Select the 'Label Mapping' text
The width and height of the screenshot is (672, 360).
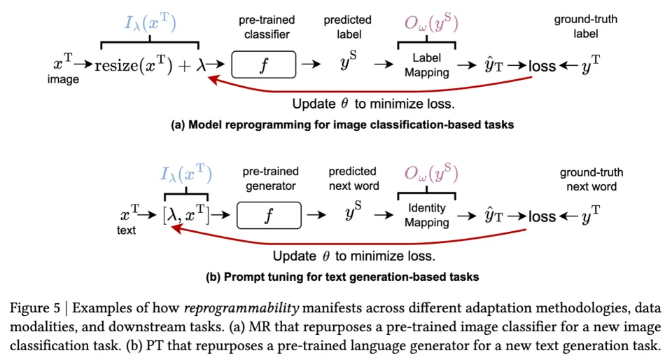point(426,65)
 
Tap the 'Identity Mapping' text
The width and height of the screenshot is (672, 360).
point(427,216)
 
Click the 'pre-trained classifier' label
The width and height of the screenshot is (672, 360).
point(266,27)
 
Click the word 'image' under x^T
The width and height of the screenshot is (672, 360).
point(63,80)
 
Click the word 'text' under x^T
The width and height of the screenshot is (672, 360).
point(126,230)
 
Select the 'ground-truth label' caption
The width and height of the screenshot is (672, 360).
point(587,27)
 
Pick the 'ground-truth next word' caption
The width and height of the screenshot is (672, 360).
point(591,179)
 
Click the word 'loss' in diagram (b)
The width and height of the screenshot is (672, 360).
point(542,217)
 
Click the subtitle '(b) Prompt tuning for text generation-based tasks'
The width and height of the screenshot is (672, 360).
point(342,277)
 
